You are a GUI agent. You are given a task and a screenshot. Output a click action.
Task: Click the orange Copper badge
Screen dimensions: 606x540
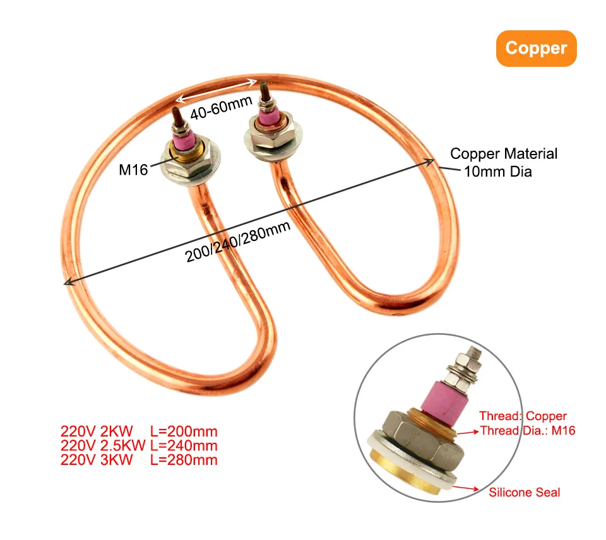[536, 49]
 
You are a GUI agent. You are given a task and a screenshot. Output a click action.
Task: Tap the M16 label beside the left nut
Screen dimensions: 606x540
[133, 170]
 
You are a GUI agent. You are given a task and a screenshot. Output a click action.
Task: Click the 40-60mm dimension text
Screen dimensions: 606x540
[222, 108]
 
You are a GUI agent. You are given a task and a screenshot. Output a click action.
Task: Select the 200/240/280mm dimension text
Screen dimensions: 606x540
[238, 242]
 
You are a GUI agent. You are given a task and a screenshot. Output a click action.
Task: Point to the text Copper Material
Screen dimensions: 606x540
[504, 154]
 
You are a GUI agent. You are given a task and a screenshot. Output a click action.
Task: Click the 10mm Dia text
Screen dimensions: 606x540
[498, 172]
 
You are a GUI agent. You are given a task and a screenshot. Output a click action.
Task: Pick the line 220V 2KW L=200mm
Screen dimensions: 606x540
[139, 431]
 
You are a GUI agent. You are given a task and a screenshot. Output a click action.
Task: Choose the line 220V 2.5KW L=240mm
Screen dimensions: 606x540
[139, 445]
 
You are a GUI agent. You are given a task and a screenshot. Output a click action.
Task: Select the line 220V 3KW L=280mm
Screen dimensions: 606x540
[139, 460]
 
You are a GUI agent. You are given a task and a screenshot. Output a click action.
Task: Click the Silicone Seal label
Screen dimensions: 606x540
[525, 493]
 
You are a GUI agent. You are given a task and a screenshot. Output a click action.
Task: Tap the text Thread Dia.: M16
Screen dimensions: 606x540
[528, 430]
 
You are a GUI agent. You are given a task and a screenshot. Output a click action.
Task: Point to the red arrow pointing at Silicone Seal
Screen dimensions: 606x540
[465, 488]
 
